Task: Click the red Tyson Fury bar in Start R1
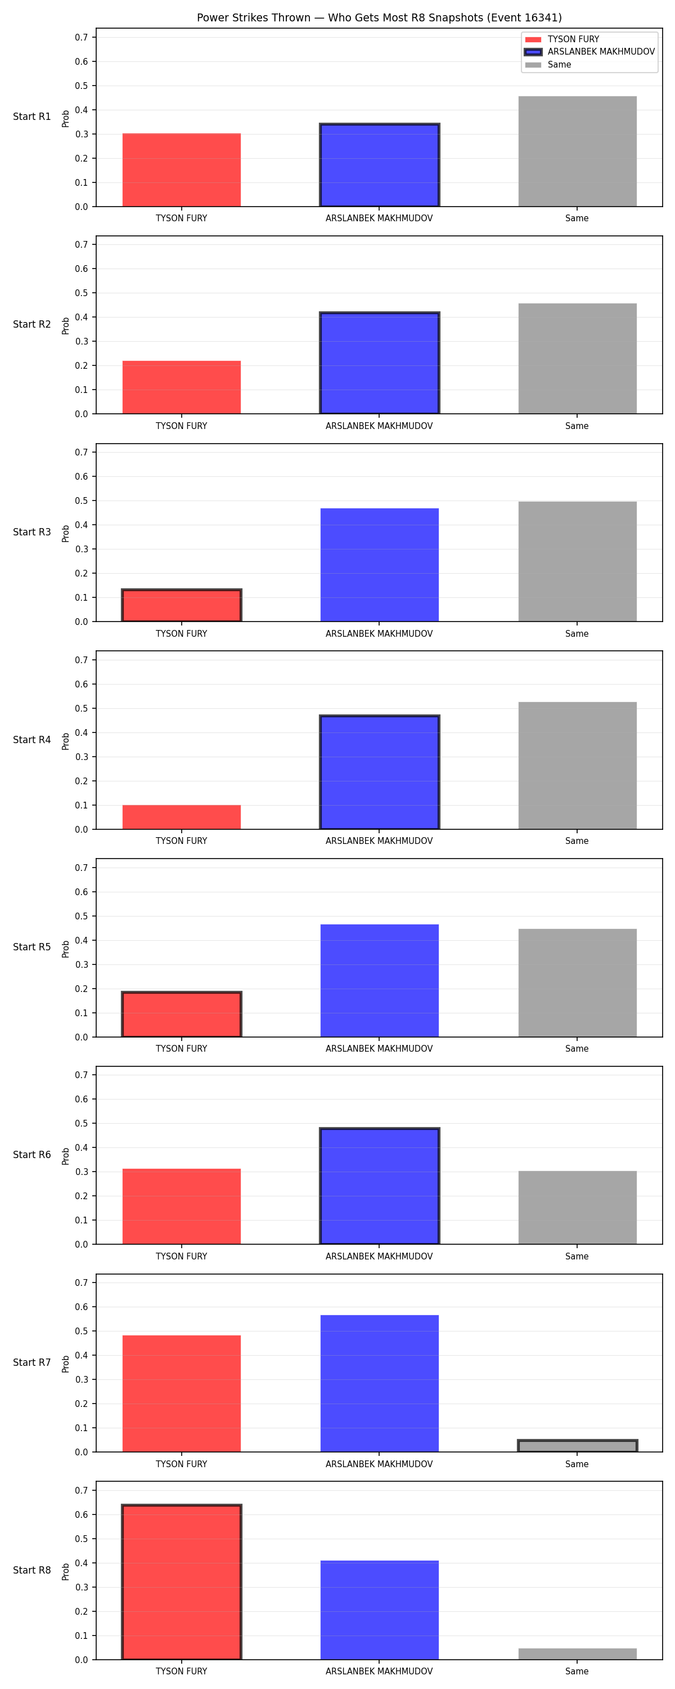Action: (x=182, y=170)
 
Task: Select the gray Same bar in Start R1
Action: (x=577, y=151)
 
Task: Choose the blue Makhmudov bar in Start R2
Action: (x=380, y=363)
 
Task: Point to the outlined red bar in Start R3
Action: (x=182, y=605)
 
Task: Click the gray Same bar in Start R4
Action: (x=577, y=765)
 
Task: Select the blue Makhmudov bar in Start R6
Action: (x=380, y=1186)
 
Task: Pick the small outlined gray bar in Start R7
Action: (x=577, y=1445)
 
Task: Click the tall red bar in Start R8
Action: (x=182, y=1581)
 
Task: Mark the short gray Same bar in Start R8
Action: (x=577, y=1654)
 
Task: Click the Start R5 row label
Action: (x=31, y=947)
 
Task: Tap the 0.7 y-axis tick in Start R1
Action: (x=81, y=37)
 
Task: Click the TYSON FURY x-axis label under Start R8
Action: (x=182, y=1672)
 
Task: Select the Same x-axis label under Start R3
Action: (x=577, y=633)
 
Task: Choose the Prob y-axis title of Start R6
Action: (x=66, y=1156)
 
